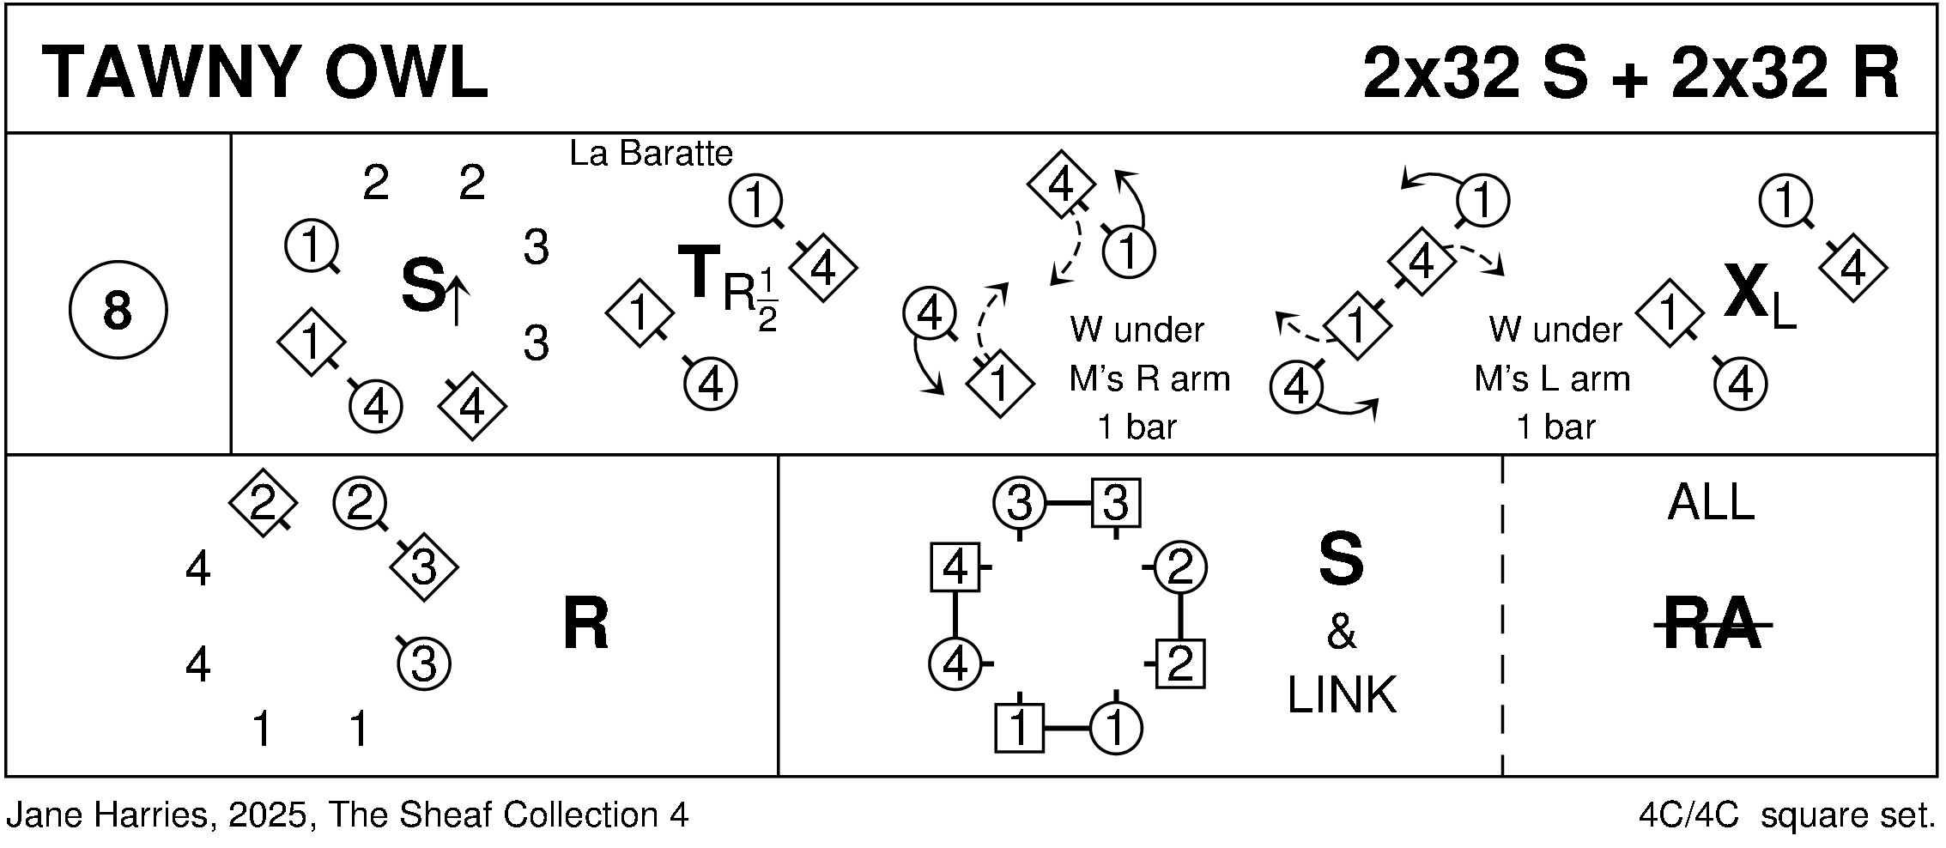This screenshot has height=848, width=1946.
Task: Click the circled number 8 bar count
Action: point(118,310)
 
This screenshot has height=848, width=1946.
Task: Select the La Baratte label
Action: point(651,154)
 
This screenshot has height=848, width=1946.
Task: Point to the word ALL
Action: point(1711,503)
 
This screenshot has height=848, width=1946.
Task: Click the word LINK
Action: point(1342,695)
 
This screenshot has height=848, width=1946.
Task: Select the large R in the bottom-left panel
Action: point(585,624)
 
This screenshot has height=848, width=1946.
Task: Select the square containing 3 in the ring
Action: point(1115,503)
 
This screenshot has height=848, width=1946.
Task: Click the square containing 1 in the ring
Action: point(1019,729)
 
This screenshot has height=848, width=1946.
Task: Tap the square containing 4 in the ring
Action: point(955,567)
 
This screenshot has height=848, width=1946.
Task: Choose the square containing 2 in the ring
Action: point(1180,663)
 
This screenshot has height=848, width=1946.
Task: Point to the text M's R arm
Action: point(1149,379)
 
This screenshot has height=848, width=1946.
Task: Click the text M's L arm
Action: point(1551,379)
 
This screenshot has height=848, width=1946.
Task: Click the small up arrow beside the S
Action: point(456,300)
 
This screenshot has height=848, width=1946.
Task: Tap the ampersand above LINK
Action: point(1342,633)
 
